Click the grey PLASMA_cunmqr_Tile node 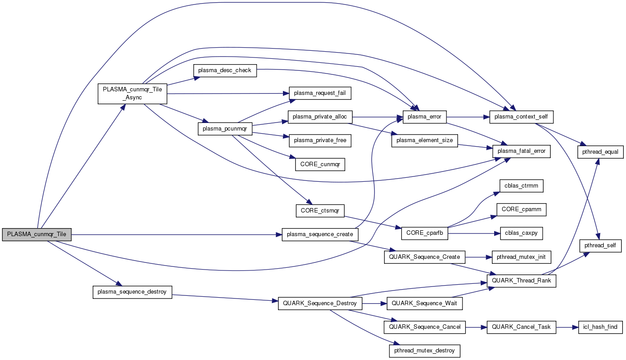[x=37, y=234]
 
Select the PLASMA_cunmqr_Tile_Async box [x=132, y=93]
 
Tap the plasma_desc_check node [x=225, y=70]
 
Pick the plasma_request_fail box [x=320, y=93]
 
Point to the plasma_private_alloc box [x=320, y=117]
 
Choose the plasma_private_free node [x=320, y=140]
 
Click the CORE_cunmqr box [x=320, y=164]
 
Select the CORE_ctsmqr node [x=320, y=211]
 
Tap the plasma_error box [x=425, y=117]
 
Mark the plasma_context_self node [x=521, y=117]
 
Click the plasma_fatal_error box [x=521, y=151]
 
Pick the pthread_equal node [x=600, y=152]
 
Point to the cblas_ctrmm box [x=521, y=185]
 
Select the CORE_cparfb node [x=425, y=233]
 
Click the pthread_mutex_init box [x=521, y=257]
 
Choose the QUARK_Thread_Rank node [x=521, y=281]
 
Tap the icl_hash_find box [x=600, y=327]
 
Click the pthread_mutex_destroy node [x=425, y=351]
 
